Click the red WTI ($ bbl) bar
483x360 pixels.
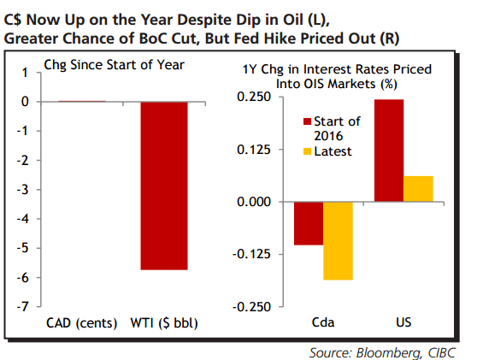coord(164,186)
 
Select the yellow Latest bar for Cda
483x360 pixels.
coord(339,241)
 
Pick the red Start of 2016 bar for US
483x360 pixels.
coord(389,150)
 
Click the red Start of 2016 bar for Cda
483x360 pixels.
coord(309,224)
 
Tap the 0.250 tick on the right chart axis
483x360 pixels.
coord(255,97)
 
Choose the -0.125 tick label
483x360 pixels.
coord(253,254)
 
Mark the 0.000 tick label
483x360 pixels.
coord(255,202)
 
